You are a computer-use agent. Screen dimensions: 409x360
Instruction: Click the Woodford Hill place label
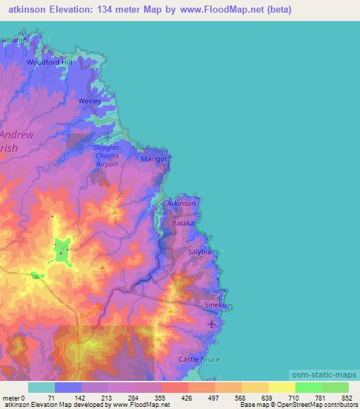click(x=49, y=62)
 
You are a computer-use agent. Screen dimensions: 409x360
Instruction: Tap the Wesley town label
click(x=90, y=101)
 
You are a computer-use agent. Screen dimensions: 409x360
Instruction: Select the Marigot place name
click(x=154, y=160)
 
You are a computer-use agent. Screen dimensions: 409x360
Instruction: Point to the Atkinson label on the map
click(x=181, y=203)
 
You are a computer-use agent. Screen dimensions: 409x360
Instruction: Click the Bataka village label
click(x=184, y=222)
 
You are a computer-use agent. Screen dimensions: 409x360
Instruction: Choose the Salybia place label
click(x=199, y=251)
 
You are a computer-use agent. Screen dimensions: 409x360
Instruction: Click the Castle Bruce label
click(x=199, y=359)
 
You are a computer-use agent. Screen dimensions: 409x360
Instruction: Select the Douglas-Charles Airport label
click(x=108, y=155)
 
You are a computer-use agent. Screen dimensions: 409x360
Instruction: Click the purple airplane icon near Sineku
click(x=212, y=323)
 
